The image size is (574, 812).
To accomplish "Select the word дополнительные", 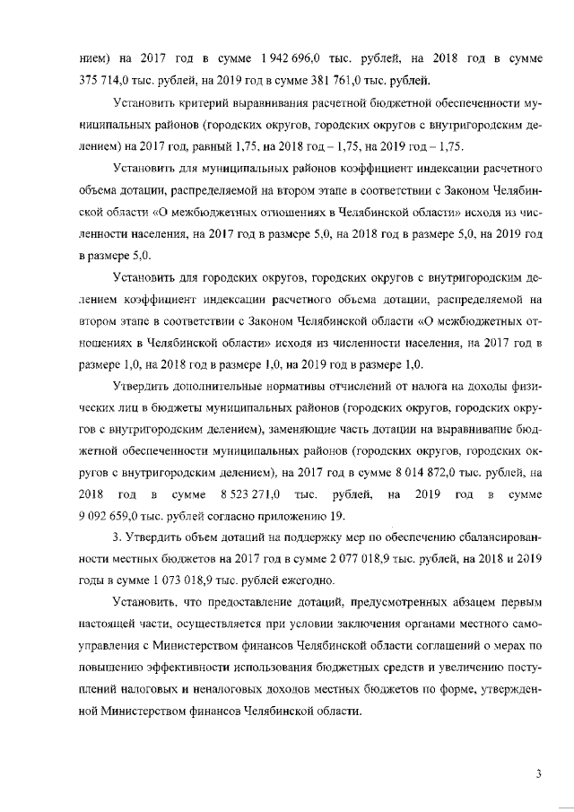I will click(x=208, y=388).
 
